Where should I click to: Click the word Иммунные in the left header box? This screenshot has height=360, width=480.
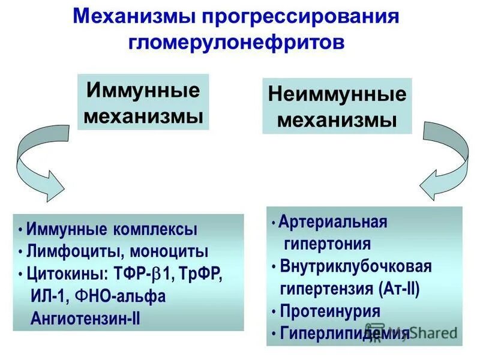click(x=143, y=91)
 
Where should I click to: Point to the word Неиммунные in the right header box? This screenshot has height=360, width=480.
click(x=337, y=95)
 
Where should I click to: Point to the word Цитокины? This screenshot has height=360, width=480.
click(x=65, y=274)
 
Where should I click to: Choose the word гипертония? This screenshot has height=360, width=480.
click(x=326, y=244)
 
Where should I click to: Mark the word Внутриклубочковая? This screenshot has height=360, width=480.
click(x=356, y=266)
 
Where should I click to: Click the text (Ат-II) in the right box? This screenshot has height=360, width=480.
click(x=400, y=289)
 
